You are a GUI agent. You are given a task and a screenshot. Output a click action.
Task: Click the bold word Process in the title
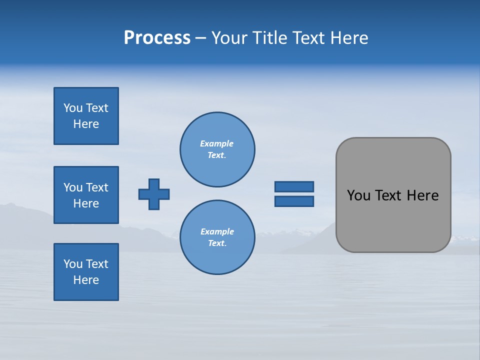point(157,38)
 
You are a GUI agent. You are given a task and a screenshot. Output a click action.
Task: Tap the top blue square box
point(86,116)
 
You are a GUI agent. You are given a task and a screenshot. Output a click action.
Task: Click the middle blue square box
point(86,195)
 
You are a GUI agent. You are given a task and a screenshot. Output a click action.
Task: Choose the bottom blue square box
point(86,272)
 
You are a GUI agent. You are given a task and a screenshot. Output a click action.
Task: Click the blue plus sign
point(154,194)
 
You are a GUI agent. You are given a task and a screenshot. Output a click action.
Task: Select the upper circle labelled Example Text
point(217,149)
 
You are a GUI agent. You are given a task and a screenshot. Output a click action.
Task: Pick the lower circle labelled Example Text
point(217,237)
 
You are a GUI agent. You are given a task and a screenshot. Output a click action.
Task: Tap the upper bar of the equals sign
point(294,186)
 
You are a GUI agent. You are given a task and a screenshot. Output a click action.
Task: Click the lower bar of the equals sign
point(294,201)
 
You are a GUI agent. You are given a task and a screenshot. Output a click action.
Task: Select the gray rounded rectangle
point(393,195)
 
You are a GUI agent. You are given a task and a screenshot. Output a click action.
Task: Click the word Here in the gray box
point(422,195)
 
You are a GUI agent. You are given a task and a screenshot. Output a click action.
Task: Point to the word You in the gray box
point(358,195)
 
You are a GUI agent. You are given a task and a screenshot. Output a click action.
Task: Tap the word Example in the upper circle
point(216,143)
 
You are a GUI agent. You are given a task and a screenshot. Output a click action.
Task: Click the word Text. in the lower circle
point(217,243)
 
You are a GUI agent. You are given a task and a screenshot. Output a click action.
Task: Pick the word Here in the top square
point(86,124)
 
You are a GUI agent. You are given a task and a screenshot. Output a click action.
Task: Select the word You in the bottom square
point(73,264)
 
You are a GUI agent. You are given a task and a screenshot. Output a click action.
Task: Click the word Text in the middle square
point(97,187)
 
